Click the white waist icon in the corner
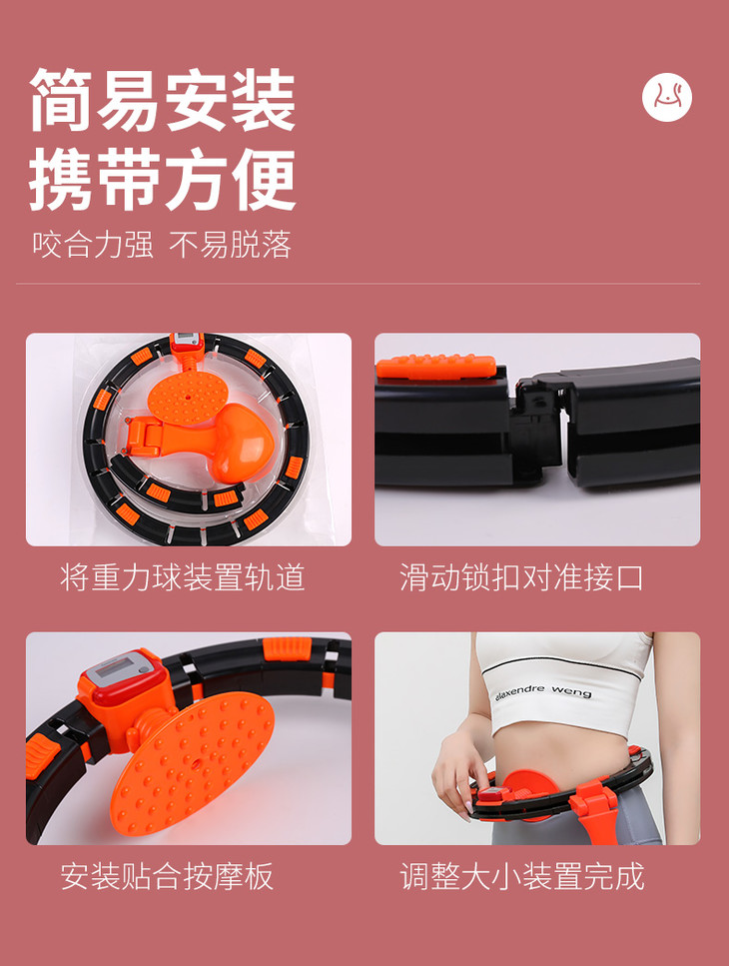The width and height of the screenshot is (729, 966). (667, 97)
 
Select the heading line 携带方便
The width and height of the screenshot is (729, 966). (163, 179)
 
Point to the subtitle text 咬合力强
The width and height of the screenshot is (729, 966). (93, 245)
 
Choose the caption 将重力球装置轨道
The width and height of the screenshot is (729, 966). (183, 577)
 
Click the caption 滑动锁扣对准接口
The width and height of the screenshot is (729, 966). (521, 577)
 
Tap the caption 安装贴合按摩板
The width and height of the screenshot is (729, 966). (167, 876)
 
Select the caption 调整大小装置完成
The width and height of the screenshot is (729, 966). (522, 876)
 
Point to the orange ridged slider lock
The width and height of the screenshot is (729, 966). (436, 366)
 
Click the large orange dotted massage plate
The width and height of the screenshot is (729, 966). (193, 763)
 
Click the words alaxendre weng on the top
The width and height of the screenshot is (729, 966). (543, 690)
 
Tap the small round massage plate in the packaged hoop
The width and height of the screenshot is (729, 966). (188, 397)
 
